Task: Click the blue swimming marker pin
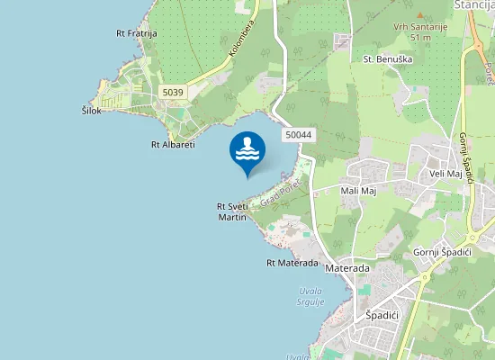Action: pos(247,150)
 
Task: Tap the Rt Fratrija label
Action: pos(137,33)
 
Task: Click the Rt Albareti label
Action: pos(174,144)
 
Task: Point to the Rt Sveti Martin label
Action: pos(232,211)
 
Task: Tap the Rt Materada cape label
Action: pos(292,263)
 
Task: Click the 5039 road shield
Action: pos(173,92)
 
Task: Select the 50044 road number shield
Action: pos(297,135)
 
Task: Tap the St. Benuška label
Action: pos(380,59)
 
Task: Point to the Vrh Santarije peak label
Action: pos(419,27)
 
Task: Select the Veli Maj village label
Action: pos(445,174)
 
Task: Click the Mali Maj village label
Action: pos(357,190)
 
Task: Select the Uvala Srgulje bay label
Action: pos(310,297)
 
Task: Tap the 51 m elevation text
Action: pos(419,38)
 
